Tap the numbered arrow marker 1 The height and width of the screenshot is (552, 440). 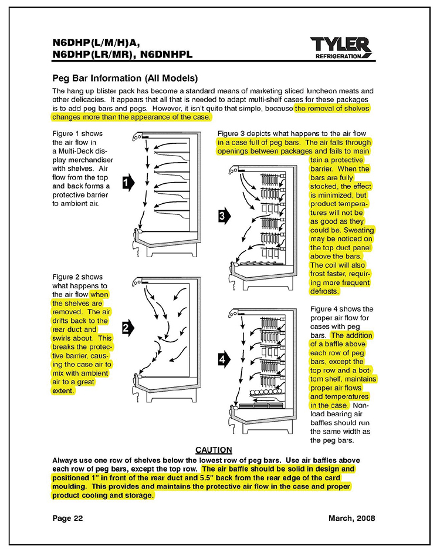pos(127,184)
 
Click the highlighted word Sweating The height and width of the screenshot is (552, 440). pos(356,230)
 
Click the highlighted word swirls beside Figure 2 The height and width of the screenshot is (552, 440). pos(65,339)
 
